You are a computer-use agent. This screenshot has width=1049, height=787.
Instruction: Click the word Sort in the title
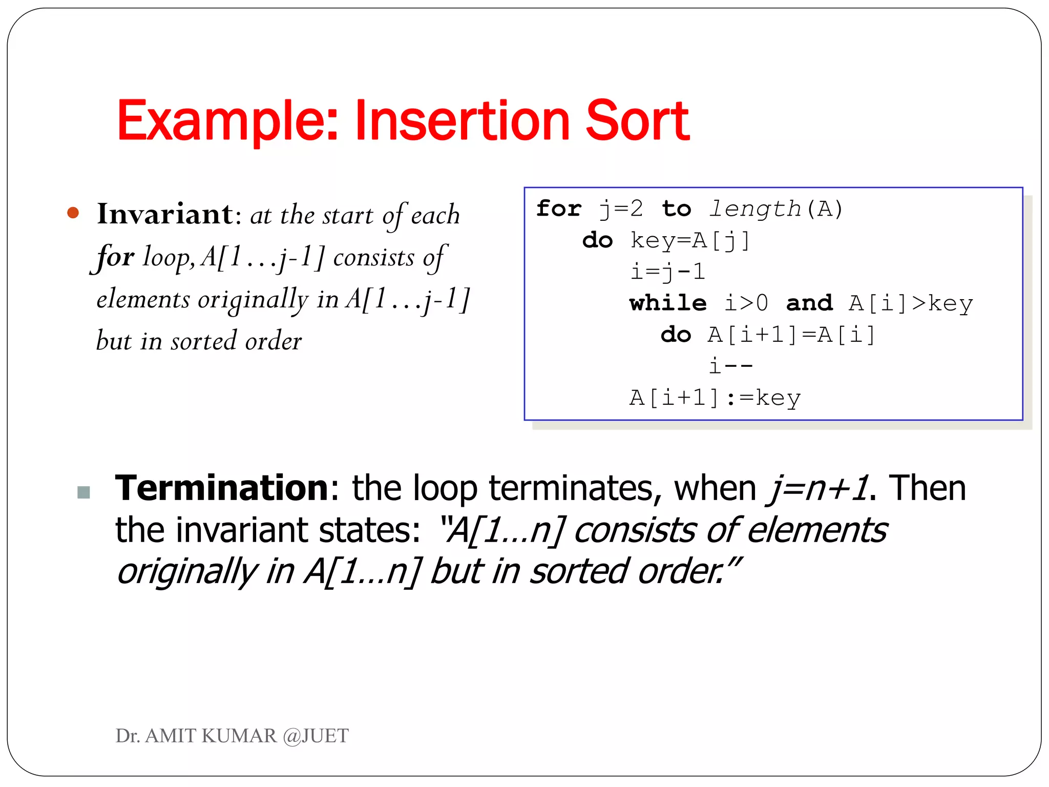coord(637,121)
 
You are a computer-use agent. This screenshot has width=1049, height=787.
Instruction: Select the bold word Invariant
coord(165,214)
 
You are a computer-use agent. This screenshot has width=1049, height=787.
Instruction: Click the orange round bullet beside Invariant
coord(73,213)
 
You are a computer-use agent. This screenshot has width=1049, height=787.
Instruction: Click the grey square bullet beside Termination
coord(83,492)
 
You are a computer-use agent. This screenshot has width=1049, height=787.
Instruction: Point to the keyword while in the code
coord(668,303)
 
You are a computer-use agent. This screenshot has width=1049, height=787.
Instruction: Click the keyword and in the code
coord(809,303)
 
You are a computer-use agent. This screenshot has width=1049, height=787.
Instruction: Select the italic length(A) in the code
coord(775,209)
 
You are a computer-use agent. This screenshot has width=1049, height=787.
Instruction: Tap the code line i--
coord(730,366)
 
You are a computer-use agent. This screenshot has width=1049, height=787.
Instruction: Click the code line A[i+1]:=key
coord(715,398)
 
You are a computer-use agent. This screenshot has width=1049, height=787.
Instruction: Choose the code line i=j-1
coord(668,272)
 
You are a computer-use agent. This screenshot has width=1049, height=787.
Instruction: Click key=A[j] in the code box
coord(690,240)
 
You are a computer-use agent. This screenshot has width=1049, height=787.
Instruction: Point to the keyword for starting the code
coord(559,209)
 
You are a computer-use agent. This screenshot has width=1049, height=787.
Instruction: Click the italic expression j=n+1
coord(817,488)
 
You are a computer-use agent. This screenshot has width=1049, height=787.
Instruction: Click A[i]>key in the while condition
coord(911,303)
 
